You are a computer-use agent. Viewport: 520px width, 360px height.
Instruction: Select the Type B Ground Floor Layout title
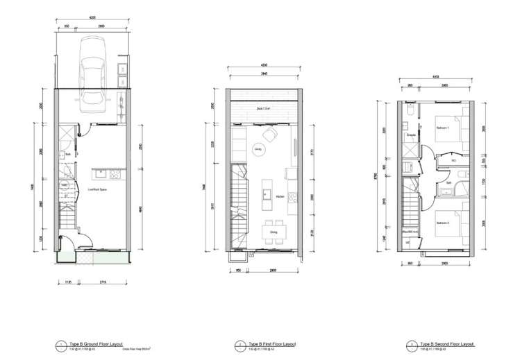point(93,343)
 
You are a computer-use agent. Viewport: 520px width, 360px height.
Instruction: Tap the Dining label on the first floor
point(265,223)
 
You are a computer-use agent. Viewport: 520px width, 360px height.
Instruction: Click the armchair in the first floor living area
point(270,134)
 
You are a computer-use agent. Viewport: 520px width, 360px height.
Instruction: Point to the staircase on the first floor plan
point(239,201)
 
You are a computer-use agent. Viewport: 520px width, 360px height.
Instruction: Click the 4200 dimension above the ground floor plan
point(92,17)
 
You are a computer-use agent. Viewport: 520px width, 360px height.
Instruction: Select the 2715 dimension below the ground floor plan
point(103,282)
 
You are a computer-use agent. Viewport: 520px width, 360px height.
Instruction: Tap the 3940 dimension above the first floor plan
point(265,73)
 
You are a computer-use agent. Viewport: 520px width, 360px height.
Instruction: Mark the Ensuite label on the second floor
point(411,135)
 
